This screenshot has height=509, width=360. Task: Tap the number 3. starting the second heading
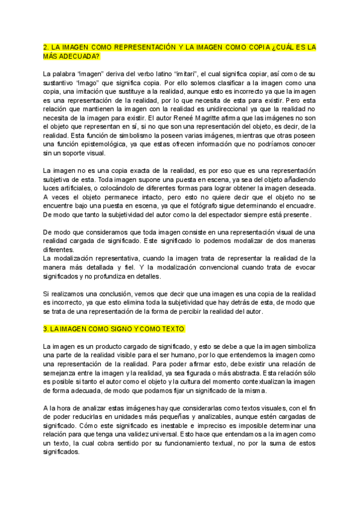46,329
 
